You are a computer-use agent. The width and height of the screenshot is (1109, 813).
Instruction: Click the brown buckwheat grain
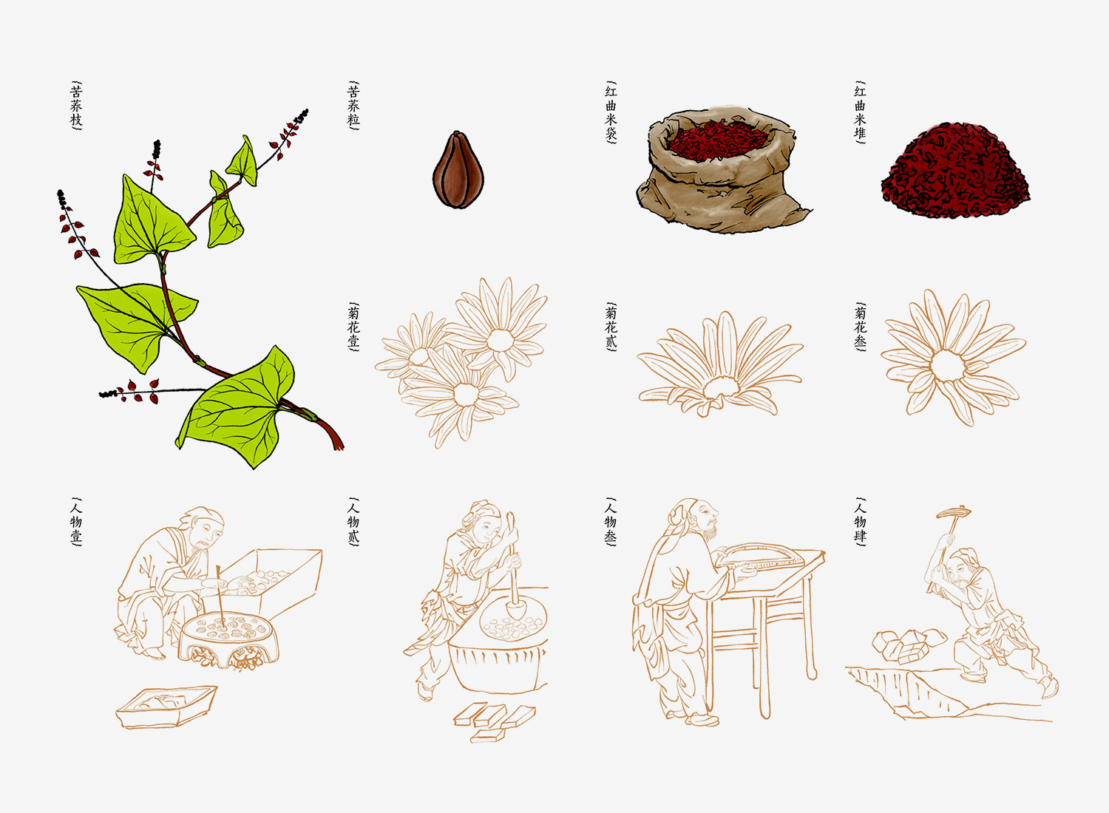point(453,169)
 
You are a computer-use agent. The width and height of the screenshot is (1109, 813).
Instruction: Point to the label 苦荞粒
point(353,106)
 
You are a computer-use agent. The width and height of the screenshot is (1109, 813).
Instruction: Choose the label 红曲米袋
point(611,112)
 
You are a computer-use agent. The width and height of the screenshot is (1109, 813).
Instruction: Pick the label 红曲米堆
point(860,112)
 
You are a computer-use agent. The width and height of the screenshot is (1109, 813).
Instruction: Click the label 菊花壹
point(353,325)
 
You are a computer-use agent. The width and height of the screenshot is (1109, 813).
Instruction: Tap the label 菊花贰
point(611,325)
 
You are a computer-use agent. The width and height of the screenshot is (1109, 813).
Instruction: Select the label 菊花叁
point(860,325)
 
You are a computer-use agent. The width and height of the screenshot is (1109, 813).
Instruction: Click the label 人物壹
point(76,522)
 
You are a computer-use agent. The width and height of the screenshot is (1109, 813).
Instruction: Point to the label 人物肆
point(860,522)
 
